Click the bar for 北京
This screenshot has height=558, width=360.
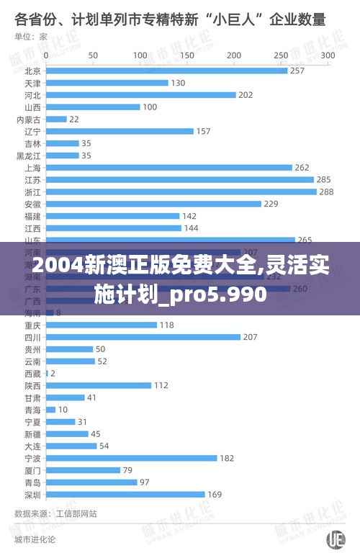click(166, 71)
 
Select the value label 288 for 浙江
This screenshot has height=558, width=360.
click(328, 192)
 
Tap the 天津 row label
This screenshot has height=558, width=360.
click(32, 83)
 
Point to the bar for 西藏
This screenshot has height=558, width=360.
click(47, 373)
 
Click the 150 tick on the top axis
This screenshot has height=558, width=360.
click(186, 55)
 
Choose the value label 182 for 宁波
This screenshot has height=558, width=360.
click(227, 458)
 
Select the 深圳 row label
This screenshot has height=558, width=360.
click(32, 494)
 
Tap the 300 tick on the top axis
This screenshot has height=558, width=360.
click(328, 55)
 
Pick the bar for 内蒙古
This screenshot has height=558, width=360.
click(55, 119)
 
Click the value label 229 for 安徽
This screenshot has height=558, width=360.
click(271, 204)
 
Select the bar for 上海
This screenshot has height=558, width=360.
click(168, 167)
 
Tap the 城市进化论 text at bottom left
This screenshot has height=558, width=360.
click(34, 539)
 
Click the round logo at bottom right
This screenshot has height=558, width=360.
click(336, 539)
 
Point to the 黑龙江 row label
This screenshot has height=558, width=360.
click(29, 156)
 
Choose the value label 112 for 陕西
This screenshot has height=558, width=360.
click(161, 385)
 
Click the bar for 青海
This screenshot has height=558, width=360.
click(50, 410)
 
